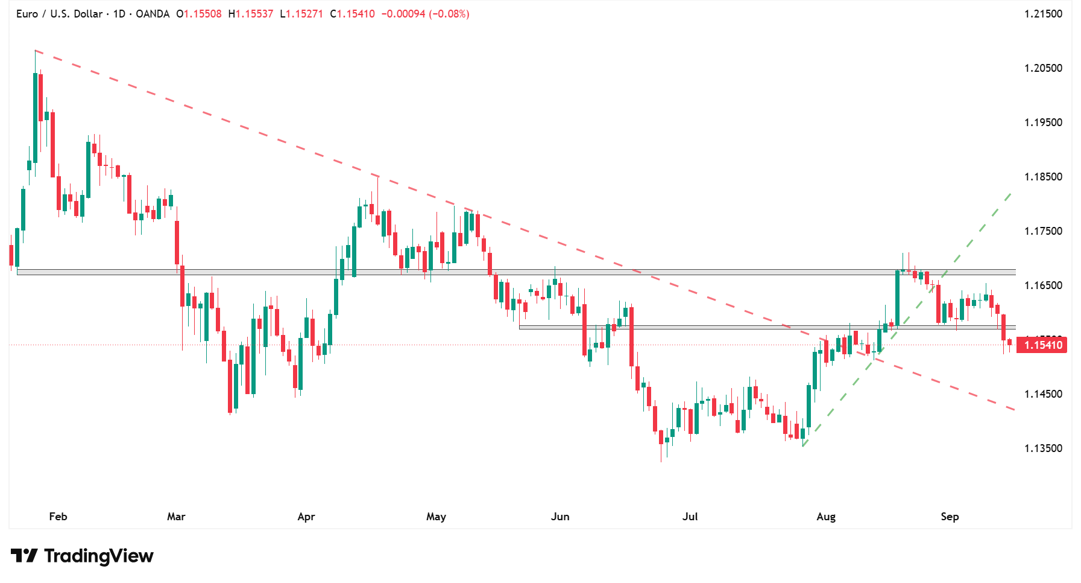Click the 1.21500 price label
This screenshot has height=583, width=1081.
point(1043,14)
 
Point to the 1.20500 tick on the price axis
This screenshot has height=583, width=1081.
point(1043,68)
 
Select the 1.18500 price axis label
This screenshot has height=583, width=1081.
point(1043,177)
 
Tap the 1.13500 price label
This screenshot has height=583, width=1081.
point(1043,448)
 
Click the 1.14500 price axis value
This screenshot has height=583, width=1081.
point(1043,394)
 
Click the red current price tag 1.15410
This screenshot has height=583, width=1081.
point(1042,345)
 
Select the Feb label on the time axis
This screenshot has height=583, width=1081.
point(58,517)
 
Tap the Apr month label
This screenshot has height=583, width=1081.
point(306,517)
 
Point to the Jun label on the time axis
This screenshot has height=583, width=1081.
point(560,517)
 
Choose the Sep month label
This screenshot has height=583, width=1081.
point(950,517)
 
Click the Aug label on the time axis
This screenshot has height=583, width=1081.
point(826,517)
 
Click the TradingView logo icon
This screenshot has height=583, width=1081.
point(24,556)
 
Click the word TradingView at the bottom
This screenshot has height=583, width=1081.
point(99,556)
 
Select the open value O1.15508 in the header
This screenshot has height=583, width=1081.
point(199,14)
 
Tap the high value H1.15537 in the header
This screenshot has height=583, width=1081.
point(251,14)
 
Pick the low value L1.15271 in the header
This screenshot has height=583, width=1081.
point(301,14)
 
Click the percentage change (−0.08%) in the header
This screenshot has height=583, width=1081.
point(449,14)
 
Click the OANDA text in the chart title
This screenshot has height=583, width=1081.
point(153,14)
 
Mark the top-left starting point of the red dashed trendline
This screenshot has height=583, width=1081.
point(36,51)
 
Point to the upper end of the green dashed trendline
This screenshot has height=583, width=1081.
point(1011,193)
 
